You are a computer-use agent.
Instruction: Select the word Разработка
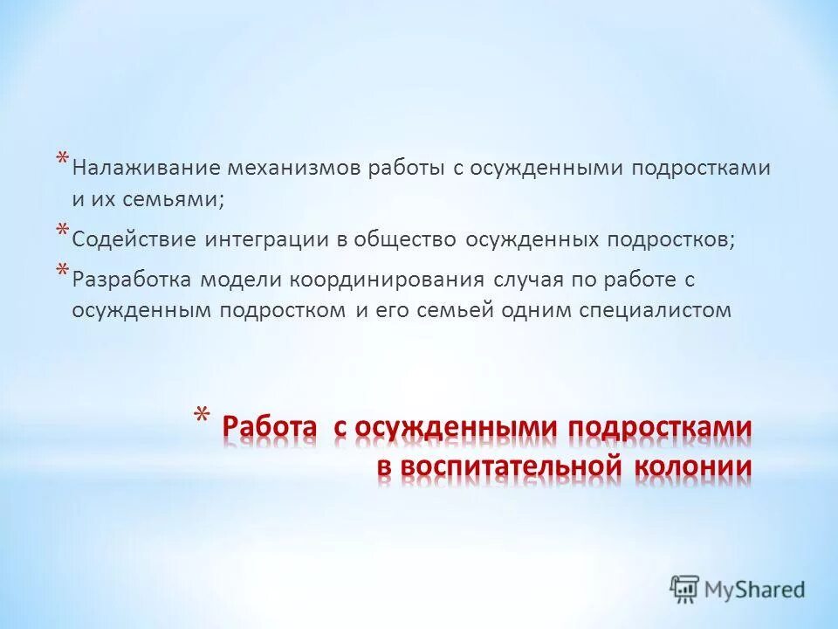[x=131, y=280]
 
